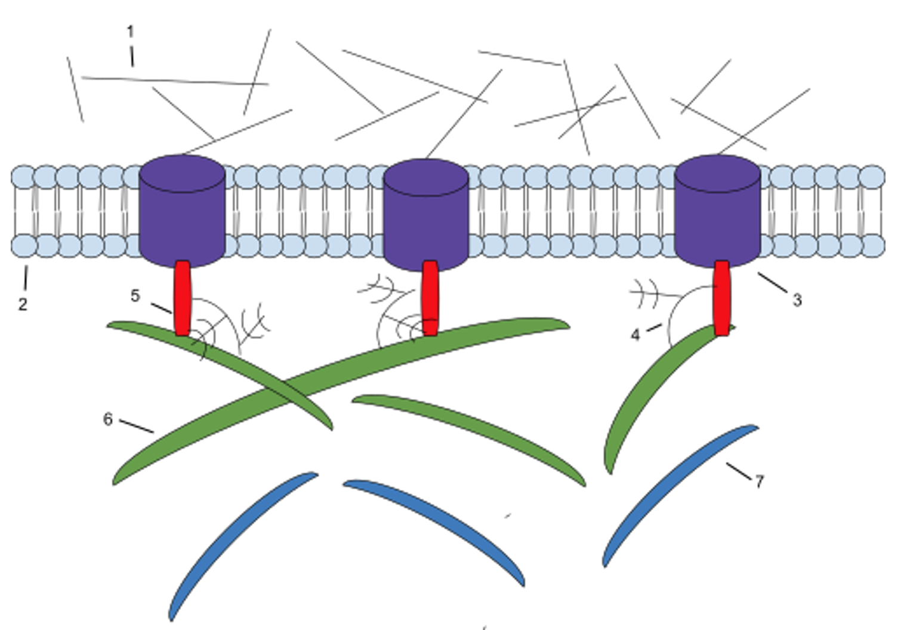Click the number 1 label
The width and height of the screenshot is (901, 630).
tap(130, 32)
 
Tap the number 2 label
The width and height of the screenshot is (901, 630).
tap(23, 304)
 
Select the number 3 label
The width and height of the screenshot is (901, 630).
tap(797, 300)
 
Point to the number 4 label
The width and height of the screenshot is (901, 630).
tap(635, 335)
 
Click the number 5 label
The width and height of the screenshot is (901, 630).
tap(135, 296)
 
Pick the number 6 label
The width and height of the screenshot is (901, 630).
tap(107, 419)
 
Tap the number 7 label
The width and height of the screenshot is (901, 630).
tap(760, 481)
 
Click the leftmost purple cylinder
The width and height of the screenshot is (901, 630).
tap(182, 211)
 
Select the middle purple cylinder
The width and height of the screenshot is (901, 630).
tap(426, 215)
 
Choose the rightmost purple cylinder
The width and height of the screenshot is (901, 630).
tap(718, 211)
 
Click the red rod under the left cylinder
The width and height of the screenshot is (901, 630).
tap(182, 298)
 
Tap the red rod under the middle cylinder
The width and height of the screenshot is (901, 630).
tap(430, 298)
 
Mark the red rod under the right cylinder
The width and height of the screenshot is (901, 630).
tap(721, 298)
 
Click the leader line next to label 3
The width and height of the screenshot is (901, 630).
tap(772, 283)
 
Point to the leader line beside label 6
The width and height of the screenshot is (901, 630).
tap(137, 427)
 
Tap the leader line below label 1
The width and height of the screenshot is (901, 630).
tap(132, 56)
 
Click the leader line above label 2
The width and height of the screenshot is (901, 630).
tap(26, 277)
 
